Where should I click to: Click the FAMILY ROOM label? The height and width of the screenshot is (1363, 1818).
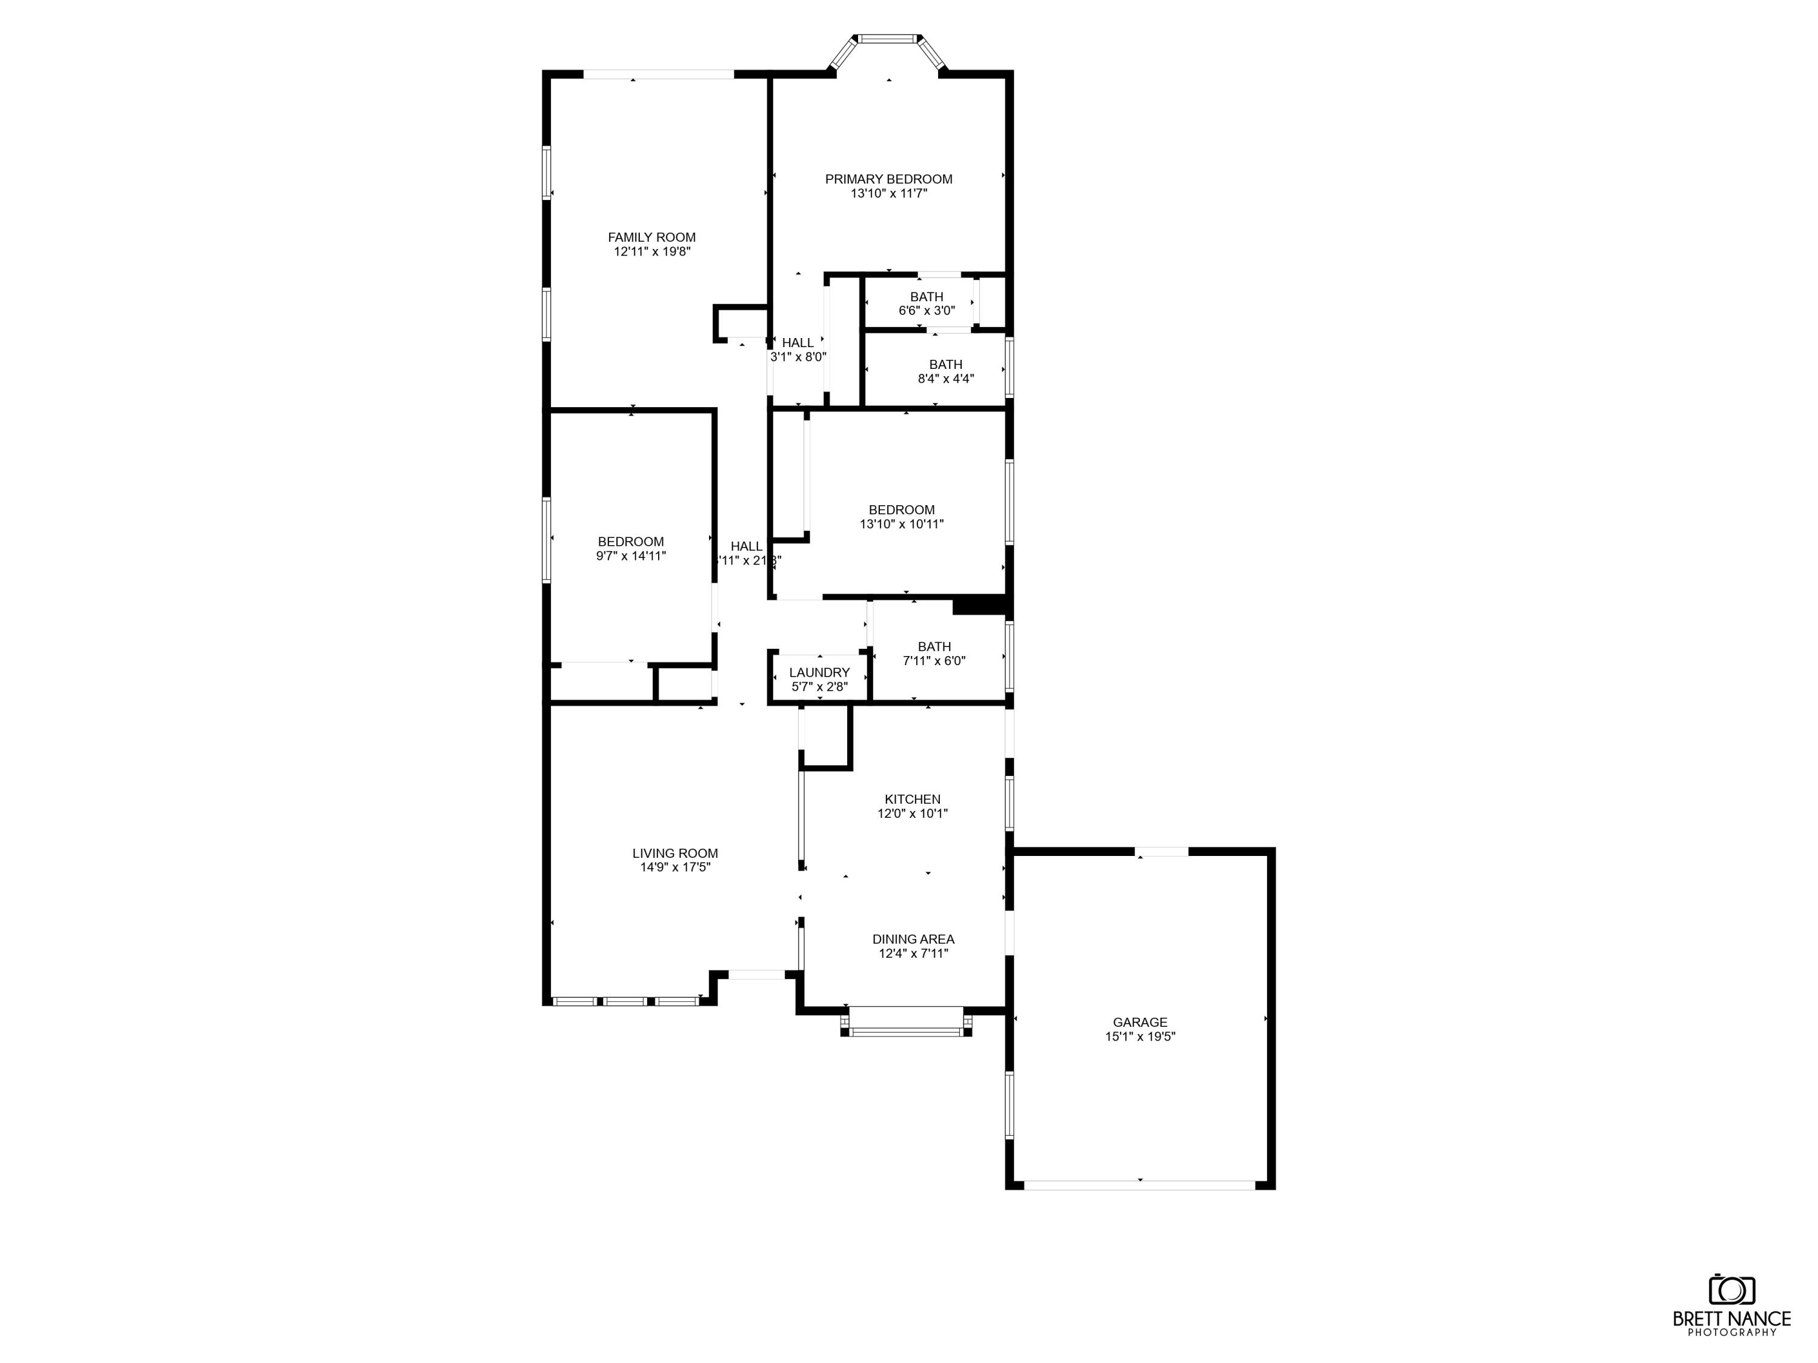click(x=651, y=237)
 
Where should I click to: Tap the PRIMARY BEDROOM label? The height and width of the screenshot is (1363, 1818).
click(x=888, y=179)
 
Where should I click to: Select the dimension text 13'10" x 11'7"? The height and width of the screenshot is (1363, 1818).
click(x=888, y=194)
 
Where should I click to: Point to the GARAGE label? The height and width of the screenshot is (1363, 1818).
click(x=1140, y=1022)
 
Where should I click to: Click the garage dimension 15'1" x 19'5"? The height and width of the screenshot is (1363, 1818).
click(x=1140, y=1037)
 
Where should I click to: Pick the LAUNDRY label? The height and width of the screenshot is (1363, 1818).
click(x=819, y=672)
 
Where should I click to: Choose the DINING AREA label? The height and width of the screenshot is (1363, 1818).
click(x=913, y=939)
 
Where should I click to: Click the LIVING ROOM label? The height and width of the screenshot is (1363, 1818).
click(x=674, y=853)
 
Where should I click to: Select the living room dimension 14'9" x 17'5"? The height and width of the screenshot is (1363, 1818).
click(x=674, y=867)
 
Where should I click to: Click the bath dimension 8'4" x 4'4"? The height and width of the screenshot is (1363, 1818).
click(x=945, y=379)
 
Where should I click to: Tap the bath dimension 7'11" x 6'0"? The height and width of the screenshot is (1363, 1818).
click(x=934, y=660)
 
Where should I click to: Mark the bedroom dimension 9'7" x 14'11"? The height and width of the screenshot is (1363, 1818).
click(x=630, y=556)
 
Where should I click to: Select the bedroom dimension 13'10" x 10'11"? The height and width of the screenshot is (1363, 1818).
click(x=902, y=524)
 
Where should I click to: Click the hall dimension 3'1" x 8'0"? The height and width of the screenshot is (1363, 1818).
click(x=797, y=357)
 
